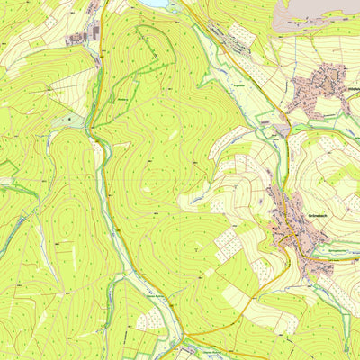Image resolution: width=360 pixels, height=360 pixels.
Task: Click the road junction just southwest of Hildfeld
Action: click(286, 112)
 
